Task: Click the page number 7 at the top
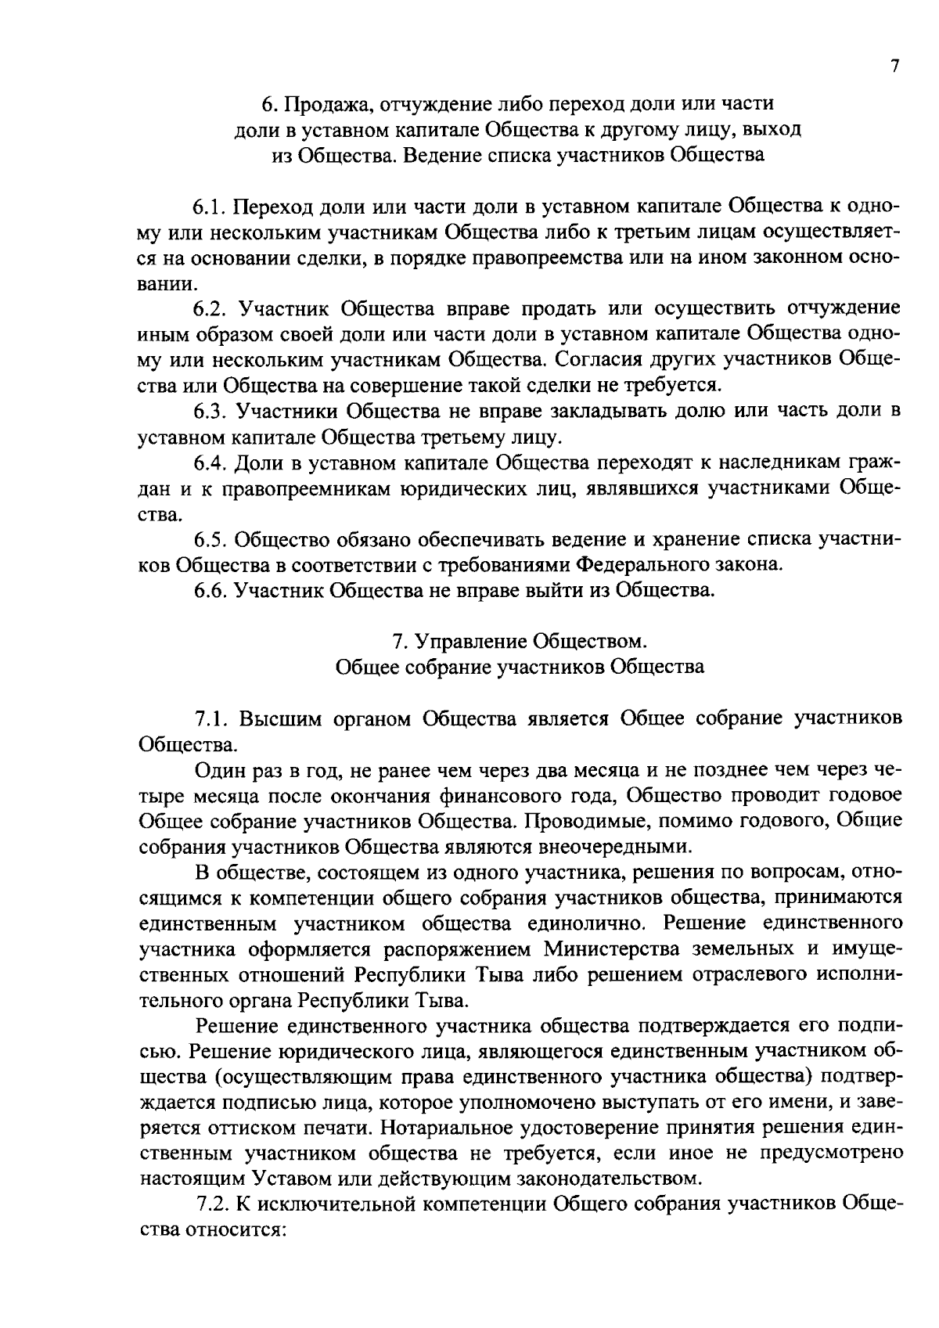pos(895,67)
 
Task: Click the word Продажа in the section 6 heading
pos(319,104)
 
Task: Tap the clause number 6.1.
pos(210,207)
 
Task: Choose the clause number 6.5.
pos(210,539)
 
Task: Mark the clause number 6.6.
pos(210,590)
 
